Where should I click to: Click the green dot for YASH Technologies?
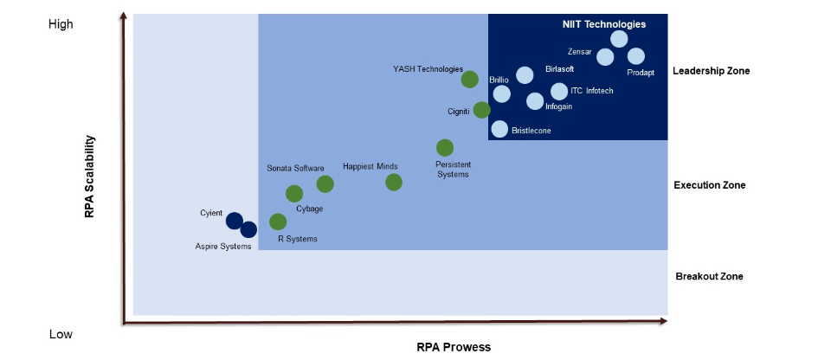click(469, 80)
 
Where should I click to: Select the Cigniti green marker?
click(481, 110)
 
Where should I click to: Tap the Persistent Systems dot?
click(444, 148)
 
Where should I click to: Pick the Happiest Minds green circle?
click(393, 182)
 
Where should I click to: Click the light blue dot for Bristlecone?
click(499, 129)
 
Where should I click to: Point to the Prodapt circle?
click(635, 56)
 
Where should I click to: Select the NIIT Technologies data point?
click(619, 39)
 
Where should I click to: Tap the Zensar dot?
click(605, 57)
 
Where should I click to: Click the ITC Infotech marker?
click(559, 91)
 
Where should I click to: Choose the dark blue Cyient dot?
click(234, 221)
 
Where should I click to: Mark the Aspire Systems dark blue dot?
click(248, 229)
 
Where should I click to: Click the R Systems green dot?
click(278, 222)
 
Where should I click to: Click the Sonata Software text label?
click(295, 168)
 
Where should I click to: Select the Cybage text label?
click(310, 209)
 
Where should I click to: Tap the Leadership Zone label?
click(711, 71)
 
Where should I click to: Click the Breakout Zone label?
click(709, 277)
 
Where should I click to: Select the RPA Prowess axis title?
click(454, 347)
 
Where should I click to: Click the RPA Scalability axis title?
click(89, 177)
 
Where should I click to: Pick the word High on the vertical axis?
click(61, 24)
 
